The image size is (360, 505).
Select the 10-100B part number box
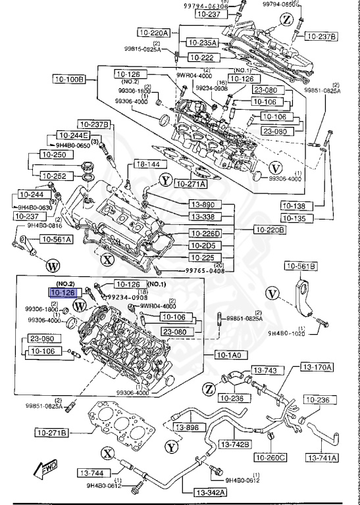[69, 79]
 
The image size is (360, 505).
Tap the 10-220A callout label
[153, 32]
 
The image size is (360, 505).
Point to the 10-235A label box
[202, 43]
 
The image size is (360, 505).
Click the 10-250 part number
[55, 154]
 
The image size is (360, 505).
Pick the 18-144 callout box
[147, 164]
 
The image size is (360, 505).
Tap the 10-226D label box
[205, 233]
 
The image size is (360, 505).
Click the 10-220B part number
[270, 229]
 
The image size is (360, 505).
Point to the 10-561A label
[56, 239]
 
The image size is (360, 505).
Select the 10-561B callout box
[300, 266]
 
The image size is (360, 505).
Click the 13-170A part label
[317, 366]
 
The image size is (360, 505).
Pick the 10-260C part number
[270, 457]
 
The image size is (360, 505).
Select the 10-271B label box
[53, 433]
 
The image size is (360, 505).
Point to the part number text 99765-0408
[194, 270]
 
